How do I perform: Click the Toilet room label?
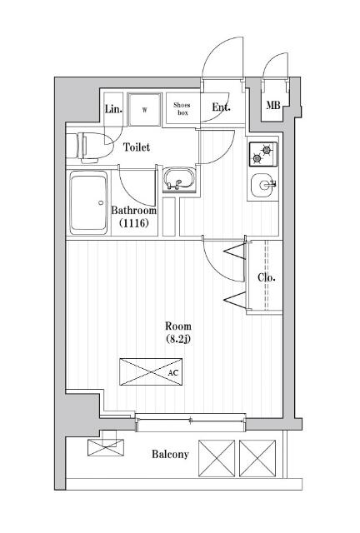click(136, 147)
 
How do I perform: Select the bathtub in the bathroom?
click(88, 202)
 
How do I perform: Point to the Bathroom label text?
click(134, 211)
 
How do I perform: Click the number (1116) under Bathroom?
click(133, 223)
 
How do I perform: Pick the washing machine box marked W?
click(144, 109)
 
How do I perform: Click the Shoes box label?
click(182, 109)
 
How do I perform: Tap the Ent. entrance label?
click(221, 107)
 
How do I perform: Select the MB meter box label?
click(272, 106)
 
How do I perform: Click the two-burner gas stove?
click(263, 154)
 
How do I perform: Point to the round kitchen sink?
click(262, 185)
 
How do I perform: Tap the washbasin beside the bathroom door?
click(178, 179)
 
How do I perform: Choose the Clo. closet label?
click(267, 277)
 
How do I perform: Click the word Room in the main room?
click(178, 326)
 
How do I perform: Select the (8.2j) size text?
click(178, 339)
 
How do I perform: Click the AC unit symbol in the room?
click(151, 372)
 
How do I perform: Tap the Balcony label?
click(170, 454)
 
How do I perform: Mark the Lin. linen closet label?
click(113, 109)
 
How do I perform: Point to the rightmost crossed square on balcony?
click(257, 458)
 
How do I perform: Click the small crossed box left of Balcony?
click(106, 447)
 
